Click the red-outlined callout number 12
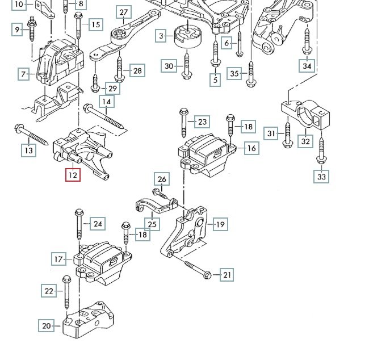click(73, 175)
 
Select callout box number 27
click(123, 12)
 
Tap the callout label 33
click(321, 177)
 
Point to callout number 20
click(47, 326)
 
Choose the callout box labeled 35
click(234, 73)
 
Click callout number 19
click(220, 225)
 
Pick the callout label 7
click(24, 74)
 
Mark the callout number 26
click(162, 180)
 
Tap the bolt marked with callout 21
click(196, 270)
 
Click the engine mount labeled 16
click(205, 150)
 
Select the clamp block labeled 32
click(307, 116)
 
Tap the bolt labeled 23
click(183, 123)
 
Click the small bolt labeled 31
click(288, 135)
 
